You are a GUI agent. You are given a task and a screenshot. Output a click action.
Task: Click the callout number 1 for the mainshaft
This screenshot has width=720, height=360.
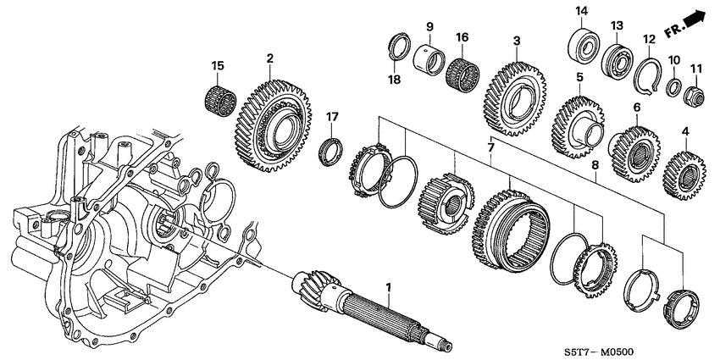click(x=389, y=289)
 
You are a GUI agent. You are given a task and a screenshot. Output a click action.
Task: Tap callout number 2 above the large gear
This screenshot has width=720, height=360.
click(x=269, y=58)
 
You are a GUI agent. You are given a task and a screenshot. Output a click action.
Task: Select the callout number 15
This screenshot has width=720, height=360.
click(x=218, y=66)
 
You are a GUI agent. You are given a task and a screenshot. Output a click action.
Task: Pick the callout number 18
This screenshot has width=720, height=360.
click(x=394, y=79)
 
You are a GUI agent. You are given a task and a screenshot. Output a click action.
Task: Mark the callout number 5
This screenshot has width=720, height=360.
click(x=580, y=77)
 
